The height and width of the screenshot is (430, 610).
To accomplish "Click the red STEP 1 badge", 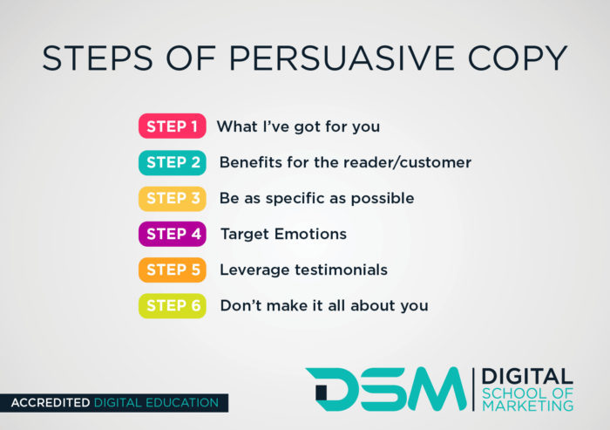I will tap(172, 126).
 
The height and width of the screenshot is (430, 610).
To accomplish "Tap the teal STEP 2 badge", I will tap(172, 162).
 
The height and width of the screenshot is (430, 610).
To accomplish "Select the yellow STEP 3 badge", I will tap(172, 198).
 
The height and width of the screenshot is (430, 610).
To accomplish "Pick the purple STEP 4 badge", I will tap(172, 234).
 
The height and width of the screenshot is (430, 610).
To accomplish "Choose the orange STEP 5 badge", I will tap(172, 270).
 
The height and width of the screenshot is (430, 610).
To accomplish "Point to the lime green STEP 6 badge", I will tap(172, 306).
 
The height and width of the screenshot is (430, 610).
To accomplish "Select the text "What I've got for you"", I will tap(298, 126).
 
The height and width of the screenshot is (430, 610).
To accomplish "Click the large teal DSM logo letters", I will tap(385, 388).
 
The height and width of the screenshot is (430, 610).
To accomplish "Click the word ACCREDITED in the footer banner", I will tap(51, 403).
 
